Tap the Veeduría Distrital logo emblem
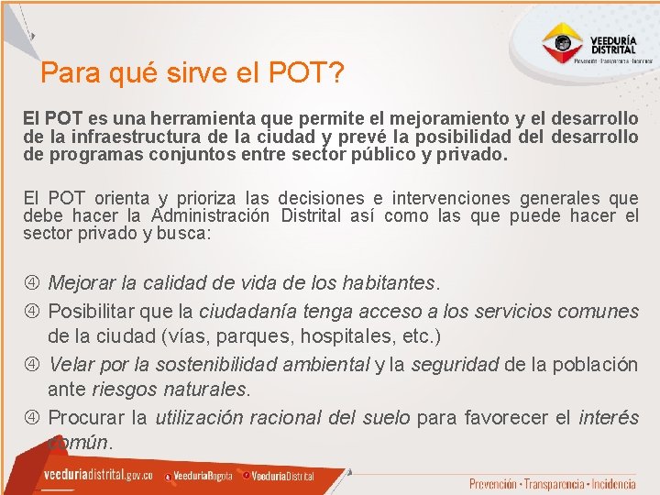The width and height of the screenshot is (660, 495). pos(561,42)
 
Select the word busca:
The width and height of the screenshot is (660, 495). pos(181,234)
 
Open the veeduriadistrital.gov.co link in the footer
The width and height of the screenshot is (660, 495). pos(98,476)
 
